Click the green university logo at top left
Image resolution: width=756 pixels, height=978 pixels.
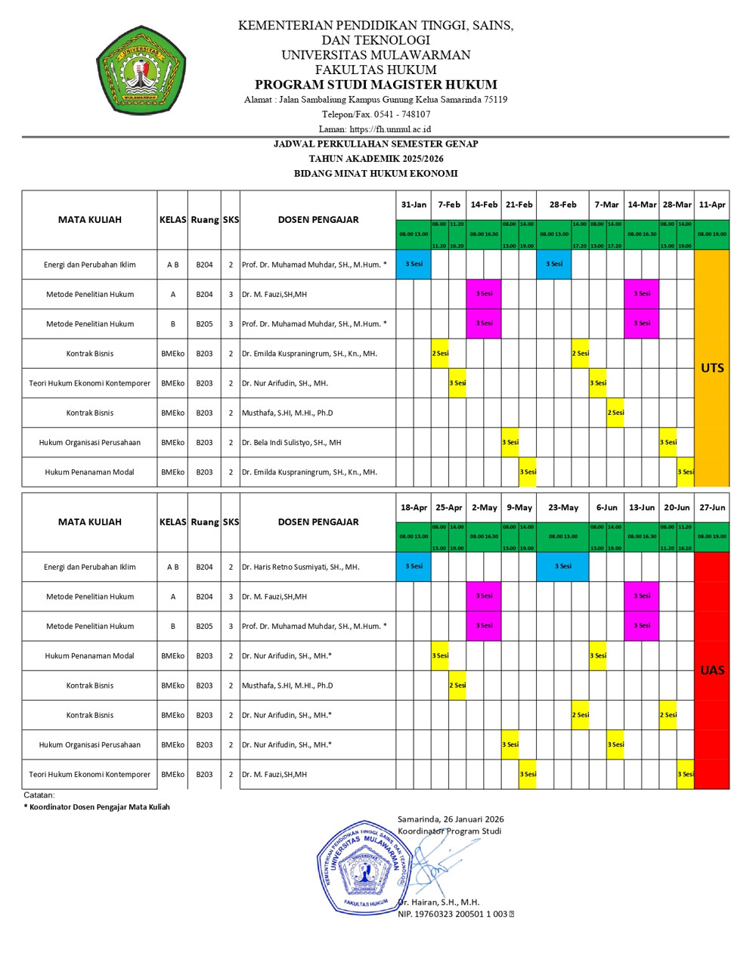pos(141,70)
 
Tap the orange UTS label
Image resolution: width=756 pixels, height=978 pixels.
pos(712,368)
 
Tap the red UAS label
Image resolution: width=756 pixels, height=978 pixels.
pos(712,670)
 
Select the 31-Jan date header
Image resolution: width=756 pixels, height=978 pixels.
pos(414,205)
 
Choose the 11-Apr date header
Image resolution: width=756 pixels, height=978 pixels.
pos(712,205)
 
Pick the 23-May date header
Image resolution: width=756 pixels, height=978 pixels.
pos(563,508)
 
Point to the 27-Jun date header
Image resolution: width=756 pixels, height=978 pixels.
pos(712,508)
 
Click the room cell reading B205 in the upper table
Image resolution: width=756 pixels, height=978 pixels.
pos(204,324)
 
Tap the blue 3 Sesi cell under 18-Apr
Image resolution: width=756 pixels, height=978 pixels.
pos(414,566)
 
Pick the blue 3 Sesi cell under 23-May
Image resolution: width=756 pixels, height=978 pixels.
pos(563,566)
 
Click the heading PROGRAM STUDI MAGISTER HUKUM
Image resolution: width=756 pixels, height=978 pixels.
pos(376,85)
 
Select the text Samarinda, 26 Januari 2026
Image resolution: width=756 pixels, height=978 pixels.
pos(451,819)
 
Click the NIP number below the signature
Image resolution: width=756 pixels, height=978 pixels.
pos(453,915)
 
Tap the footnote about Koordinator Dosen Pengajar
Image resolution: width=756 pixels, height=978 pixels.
pos(97,807)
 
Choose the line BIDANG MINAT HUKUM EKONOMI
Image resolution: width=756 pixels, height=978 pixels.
pos(376,174)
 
